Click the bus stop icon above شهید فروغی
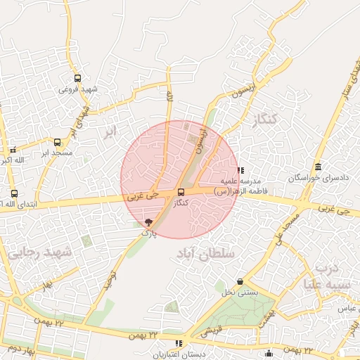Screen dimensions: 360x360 pos(77,79)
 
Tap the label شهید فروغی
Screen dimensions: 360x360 pos(77,89)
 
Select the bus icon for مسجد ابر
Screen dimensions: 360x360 pos(57,142)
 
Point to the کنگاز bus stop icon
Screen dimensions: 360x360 pos(181,192)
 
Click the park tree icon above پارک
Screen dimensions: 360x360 pos(148,222)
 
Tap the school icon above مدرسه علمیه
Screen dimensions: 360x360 pos(241,170)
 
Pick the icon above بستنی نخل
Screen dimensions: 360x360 pos(240,281)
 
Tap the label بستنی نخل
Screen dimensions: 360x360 pos(236,291)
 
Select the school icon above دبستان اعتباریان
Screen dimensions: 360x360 pos(179,344)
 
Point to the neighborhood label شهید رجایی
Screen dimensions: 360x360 pos(40,252)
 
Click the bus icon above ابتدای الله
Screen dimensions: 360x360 pos(14,193)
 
